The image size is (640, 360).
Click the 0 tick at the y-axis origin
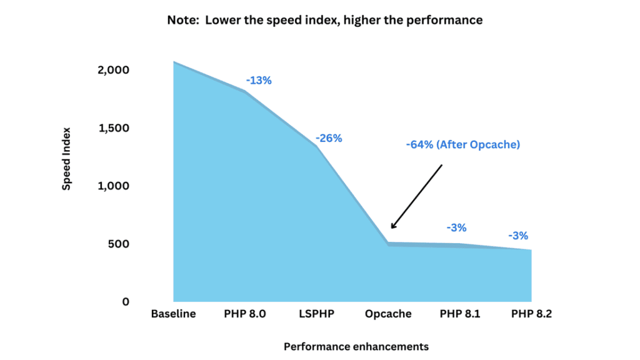click(x=125, y=302)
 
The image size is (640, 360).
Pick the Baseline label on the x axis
click(x=173, y=314)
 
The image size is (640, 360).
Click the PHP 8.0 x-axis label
click(x=244, y=314)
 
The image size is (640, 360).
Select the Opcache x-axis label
click(x=388, y=314)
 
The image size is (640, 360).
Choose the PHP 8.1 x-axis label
click(x=460, y=314)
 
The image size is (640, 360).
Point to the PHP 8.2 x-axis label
click(x=531, y=314)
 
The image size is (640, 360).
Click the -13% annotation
click(x=259, y=81)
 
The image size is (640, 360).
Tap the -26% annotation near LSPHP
click(x=329, y=138)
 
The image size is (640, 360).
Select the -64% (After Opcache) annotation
click(x=463, y=144)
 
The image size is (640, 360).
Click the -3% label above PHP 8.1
click(x=456, y=228)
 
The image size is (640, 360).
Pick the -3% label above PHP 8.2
click(x=518, y=236)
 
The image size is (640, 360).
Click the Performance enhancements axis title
click(x=356, y=346)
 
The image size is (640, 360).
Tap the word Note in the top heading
click(x=181, y=20)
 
